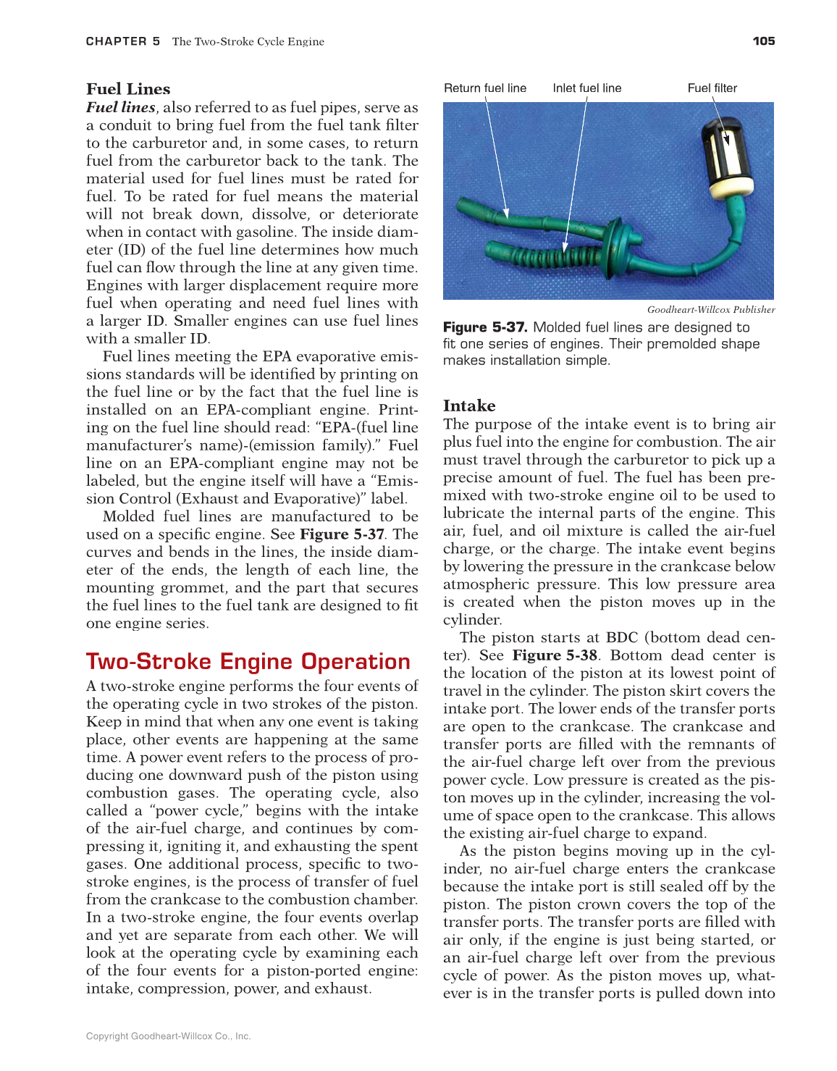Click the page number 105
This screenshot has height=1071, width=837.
tap(763, 41)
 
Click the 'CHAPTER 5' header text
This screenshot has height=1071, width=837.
tap(123, 41)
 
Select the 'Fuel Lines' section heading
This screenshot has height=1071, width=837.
tap(128, 89)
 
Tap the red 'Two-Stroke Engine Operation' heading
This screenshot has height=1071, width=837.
tap(248, 661)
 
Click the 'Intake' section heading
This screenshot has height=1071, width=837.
tap(469, 406)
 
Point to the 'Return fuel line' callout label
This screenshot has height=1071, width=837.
tap(485, 88)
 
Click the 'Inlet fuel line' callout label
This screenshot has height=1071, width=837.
tap(586, 88)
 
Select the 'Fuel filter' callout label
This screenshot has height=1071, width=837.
tap(712, 88)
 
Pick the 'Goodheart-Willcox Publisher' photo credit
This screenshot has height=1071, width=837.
tap(710, 310)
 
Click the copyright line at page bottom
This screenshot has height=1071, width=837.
tap(168, 1036)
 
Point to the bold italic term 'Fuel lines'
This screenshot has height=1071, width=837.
tap(121, 107)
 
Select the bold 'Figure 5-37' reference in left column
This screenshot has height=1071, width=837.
tap(342, 534)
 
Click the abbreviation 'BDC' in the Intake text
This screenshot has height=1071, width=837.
tap(621, 638)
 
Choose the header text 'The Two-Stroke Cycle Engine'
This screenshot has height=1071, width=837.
tap(248, 41)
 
